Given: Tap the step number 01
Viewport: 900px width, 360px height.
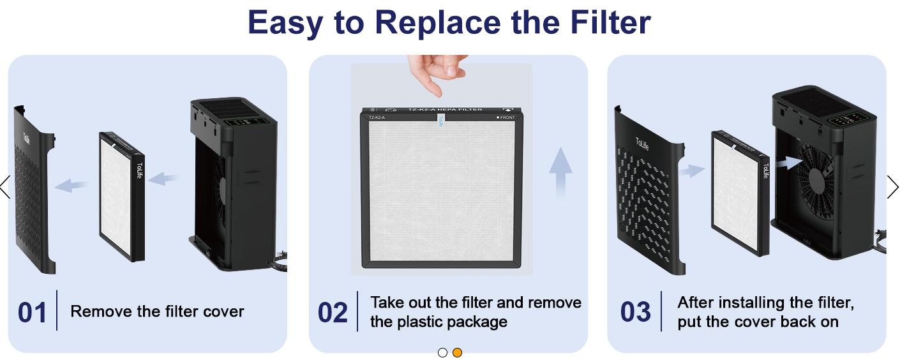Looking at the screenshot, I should tap(32, 313).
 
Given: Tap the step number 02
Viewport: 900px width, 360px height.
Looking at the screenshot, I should tap(333, 313).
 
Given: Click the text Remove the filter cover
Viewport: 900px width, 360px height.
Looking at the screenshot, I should tap(157, 311).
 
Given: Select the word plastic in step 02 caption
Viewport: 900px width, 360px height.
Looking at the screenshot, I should tap(430, 322).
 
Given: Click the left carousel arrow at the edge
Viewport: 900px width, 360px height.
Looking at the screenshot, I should tap(5, 187).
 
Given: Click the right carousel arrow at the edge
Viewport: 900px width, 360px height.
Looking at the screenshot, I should tap(892, 187).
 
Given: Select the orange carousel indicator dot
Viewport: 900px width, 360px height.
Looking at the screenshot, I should tap(457, 352).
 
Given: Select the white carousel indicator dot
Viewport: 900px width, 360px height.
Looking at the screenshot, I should tap(442, 352).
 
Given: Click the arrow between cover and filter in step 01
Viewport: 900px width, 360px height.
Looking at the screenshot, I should tap(71, 186).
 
